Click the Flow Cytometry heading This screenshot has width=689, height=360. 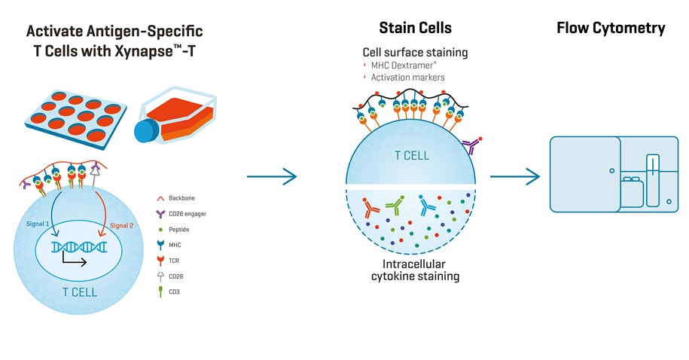pyautogui.click(x=611, y=29)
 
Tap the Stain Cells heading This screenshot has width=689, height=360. pyautogui.click(x=415, y=29)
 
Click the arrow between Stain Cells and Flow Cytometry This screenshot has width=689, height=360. pyautogui.click(x=515, y=177)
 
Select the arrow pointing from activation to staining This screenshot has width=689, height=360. pyautogui.click(x=272, y=177)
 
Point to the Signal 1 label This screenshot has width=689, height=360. pyautogui.click(x=38, y=224)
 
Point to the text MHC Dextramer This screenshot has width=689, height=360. pyautogui.click(x=405, y=66)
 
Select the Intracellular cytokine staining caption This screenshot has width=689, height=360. pyautogui.click(x=415, y=271)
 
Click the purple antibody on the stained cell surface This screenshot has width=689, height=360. pyautogui.click(x=472, y=146)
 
